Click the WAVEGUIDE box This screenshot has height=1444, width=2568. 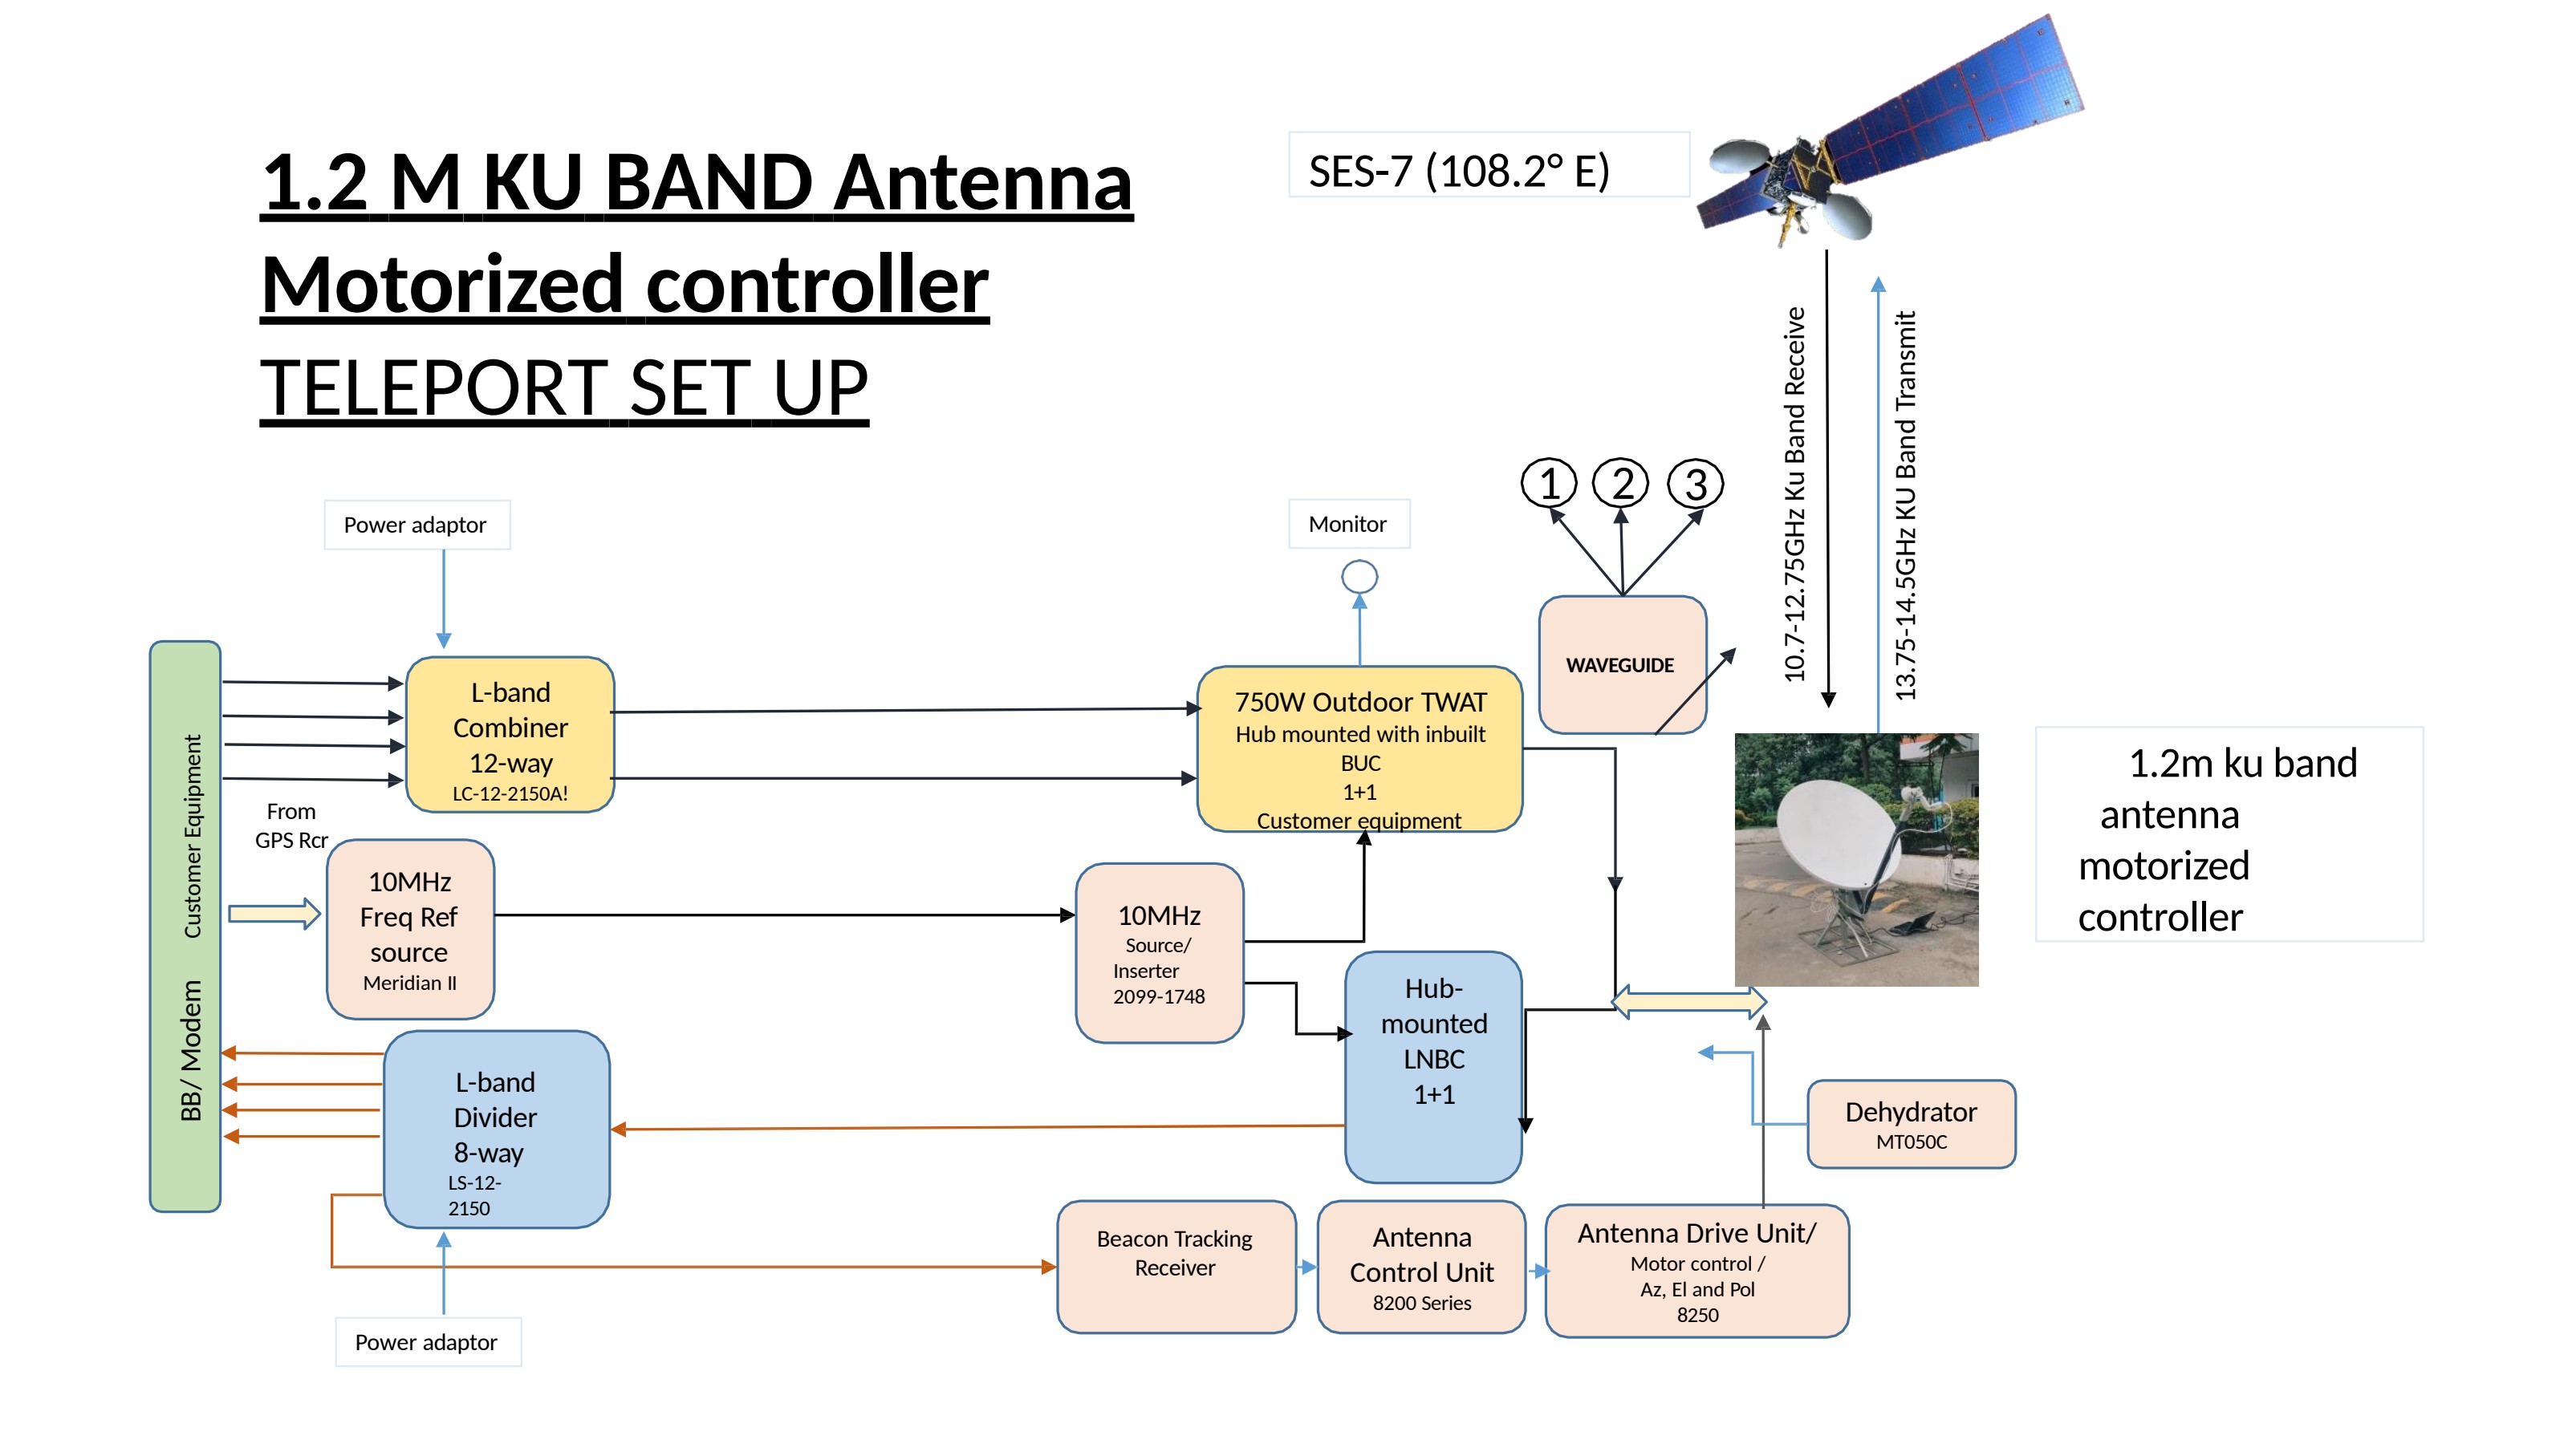1622,665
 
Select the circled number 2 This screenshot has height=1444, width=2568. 1622,483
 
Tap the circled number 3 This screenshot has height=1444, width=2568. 1696,485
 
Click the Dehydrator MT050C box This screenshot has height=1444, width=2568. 1911,1124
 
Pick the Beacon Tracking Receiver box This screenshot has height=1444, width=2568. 1176,1267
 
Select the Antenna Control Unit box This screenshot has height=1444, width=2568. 1421,1267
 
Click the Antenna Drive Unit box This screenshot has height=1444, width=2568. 1696,1271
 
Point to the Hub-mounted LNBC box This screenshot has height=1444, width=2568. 1433,1066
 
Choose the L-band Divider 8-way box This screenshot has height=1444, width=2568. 497,1129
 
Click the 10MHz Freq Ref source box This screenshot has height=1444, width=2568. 410,929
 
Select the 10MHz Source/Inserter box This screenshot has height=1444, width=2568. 1160,953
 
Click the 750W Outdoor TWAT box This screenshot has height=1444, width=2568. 1359,748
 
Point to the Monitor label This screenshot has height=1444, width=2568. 1349,524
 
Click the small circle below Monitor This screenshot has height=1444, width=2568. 1359,576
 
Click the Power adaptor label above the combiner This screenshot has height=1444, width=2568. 416,525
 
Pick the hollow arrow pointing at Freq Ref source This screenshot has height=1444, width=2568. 275,913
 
